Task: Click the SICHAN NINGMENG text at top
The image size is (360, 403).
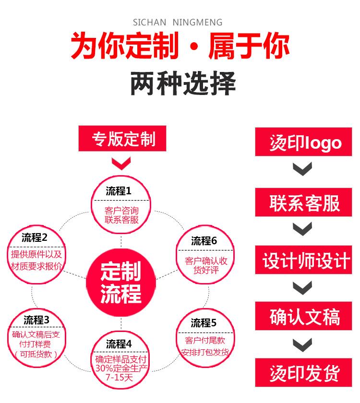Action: coord(177,23)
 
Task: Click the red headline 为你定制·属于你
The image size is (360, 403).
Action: coord(180,47)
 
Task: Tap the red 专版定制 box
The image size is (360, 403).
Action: coord(123,139)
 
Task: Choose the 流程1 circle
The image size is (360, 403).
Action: coord(121,205)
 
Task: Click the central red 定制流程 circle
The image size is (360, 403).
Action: coord(121,283)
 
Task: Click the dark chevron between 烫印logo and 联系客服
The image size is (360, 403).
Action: coord(303,168)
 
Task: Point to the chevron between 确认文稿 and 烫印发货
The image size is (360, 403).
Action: coord(303,344)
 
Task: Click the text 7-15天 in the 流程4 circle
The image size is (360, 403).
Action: coord(121,378)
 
